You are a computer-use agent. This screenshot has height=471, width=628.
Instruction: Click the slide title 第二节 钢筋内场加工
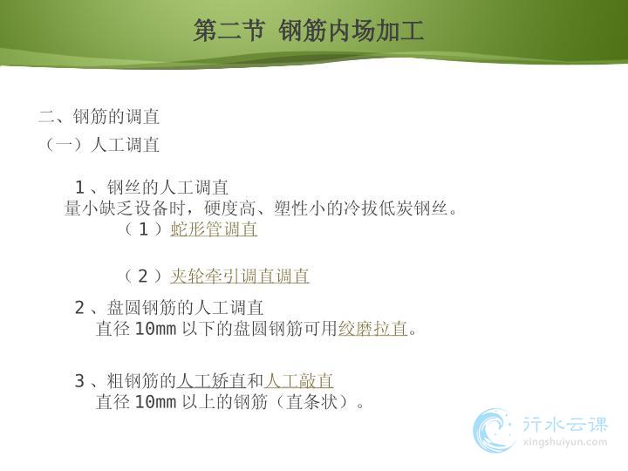[309, 31]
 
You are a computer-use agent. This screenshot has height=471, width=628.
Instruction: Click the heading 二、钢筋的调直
[99, 117]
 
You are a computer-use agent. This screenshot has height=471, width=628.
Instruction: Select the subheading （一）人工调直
[102, 145]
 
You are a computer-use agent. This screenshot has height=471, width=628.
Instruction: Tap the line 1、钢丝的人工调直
[152, 187]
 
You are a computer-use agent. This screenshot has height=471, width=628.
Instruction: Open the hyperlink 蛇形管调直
[214, 229]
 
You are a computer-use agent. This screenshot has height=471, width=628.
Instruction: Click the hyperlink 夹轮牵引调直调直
[240, 276]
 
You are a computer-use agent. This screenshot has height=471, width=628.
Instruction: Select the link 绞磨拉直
[373, 329]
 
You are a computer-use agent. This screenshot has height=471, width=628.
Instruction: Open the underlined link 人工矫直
[211, 380]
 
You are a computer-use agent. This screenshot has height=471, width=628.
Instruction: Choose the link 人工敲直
[299, 380]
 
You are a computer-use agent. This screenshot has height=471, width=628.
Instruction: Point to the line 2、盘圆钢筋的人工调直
[169, 308]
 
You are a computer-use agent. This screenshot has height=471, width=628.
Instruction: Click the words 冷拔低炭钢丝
[395, 208]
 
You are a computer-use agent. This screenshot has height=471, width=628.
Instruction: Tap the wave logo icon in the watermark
[493, 430]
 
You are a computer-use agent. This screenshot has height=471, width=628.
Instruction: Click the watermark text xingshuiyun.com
[564, 442]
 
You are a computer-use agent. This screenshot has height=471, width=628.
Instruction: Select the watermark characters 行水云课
[564, 424]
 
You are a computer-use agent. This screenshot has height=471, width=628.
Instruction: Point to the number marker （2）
[143, 276]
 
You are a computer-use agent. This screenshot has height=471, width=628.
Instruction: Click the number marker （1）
[143, 229]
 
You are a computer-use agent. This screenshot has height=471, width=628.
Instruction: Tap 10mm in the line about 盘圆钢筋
[155, 329]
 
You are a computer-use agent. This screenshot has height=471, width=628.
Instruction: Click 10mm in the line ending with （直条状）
[155, 402]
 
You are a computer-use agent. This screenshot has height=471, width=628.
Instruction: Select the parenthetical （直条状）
[312, 402]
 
